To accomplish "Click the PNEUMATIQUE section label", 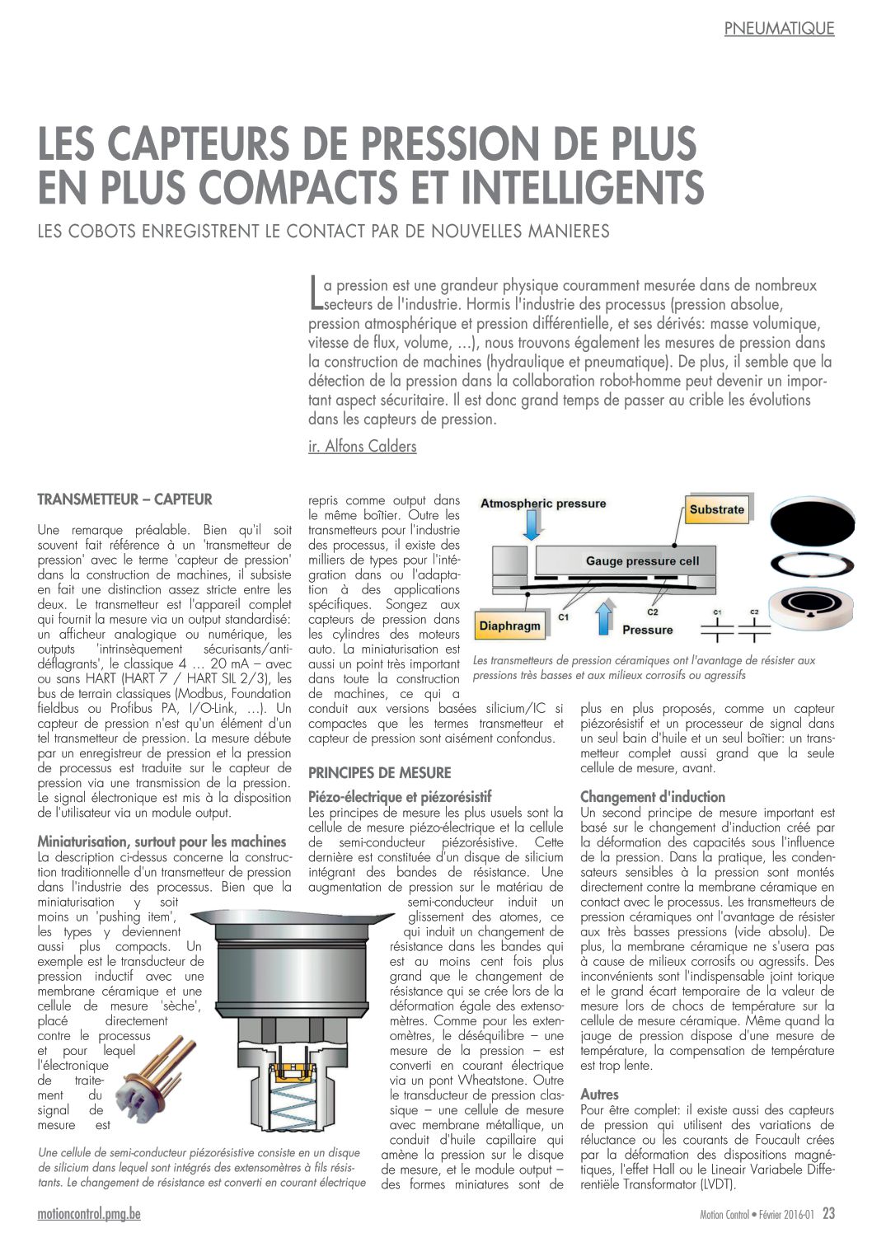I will coord(779,29).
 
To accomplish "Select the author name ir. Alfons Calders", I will coord(362,447).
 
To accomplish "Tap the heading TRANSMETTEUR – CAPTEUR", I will coord(124,499).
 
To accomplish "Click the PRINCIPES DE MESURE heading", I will coord(380,773).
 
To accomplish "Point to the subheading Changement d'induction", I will coord(653,797).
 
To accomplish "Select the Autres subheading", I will coord(599,1095).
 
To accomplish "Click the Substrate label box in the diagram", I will coord(716,509).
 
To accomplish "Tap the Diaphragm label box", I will coord(510,626).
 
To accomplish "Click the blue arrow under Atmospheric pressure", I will coord(532,525).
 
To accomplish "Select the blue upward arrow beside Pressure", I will coord(605,617).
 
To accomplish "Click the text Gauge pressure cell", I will coord(642,561).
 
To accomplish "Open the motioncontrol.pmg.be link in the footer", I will coord(89,1214).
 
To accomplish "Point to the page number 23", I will coord(828,1213).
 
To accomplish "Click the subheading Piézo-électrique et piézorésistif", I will coord(400,797).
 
